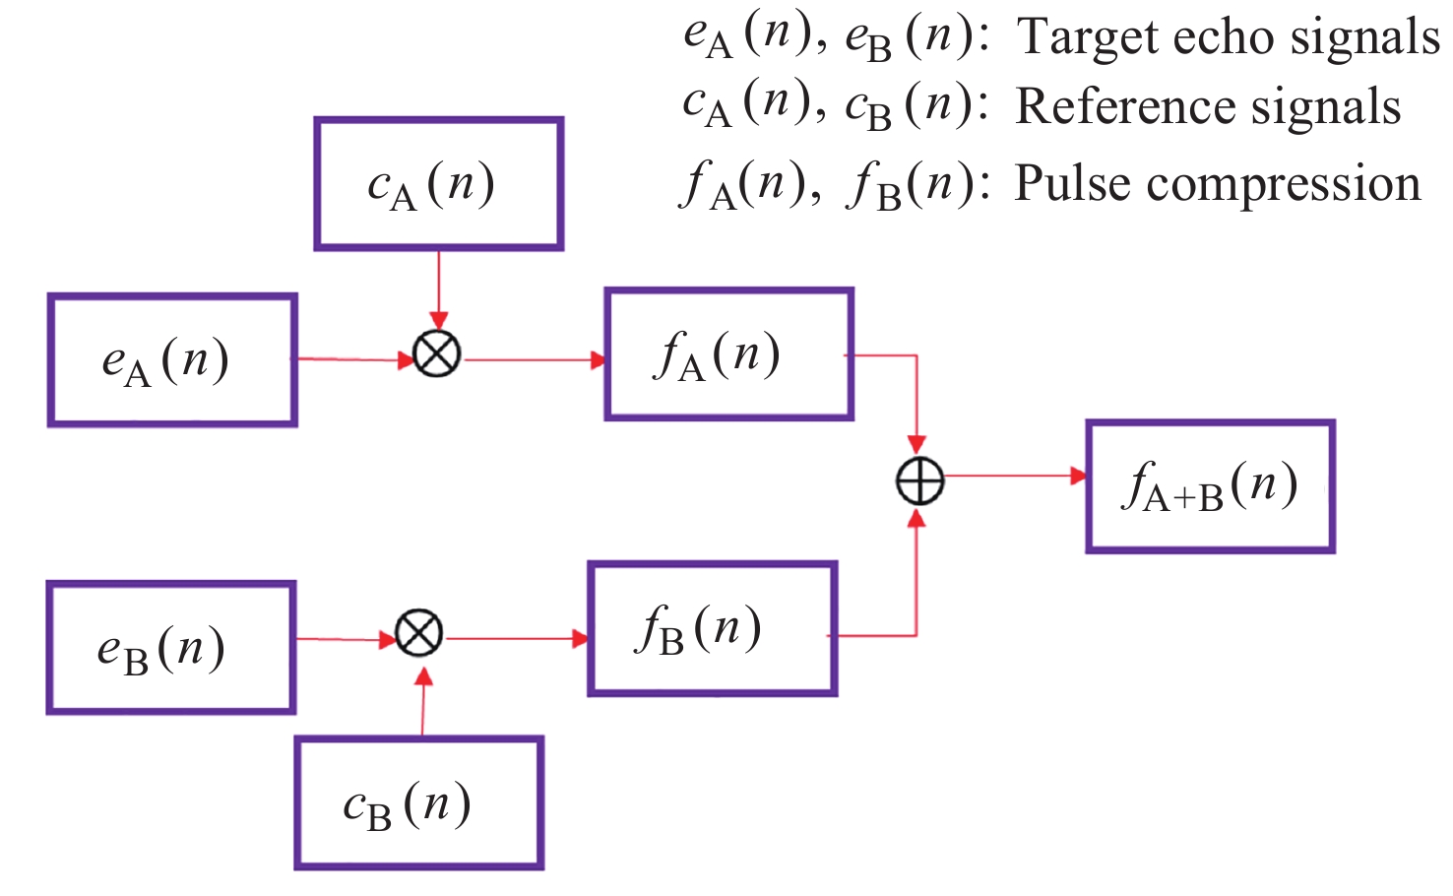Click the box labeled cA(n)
click(x=438, y=184)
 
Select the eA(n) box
click(x=172, y=359)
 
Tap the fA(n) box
click(x=728, y=354)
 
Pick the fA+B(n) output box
click(x=1210, y=486)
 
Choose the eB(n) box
click(x=170, y=647)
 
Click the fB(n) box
click(x=712, y=628)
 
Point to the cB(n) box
click(x=418, y=802)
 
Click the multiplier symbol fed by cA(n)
click(x=437, y=354)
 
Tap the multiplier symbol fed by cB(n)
click(x=419, y=633)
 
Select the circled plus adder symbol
click(x=919, y=481)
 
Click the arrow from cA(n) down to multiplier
click(x=439, y=289)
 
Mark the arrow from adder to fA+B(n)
click(x=1014, y=477)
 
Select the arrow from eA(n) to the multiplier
click(x=354, y=359)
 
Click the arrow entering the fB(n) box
click(x=517, y=639)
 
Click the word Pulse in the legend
click(x=1073, y=183)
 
